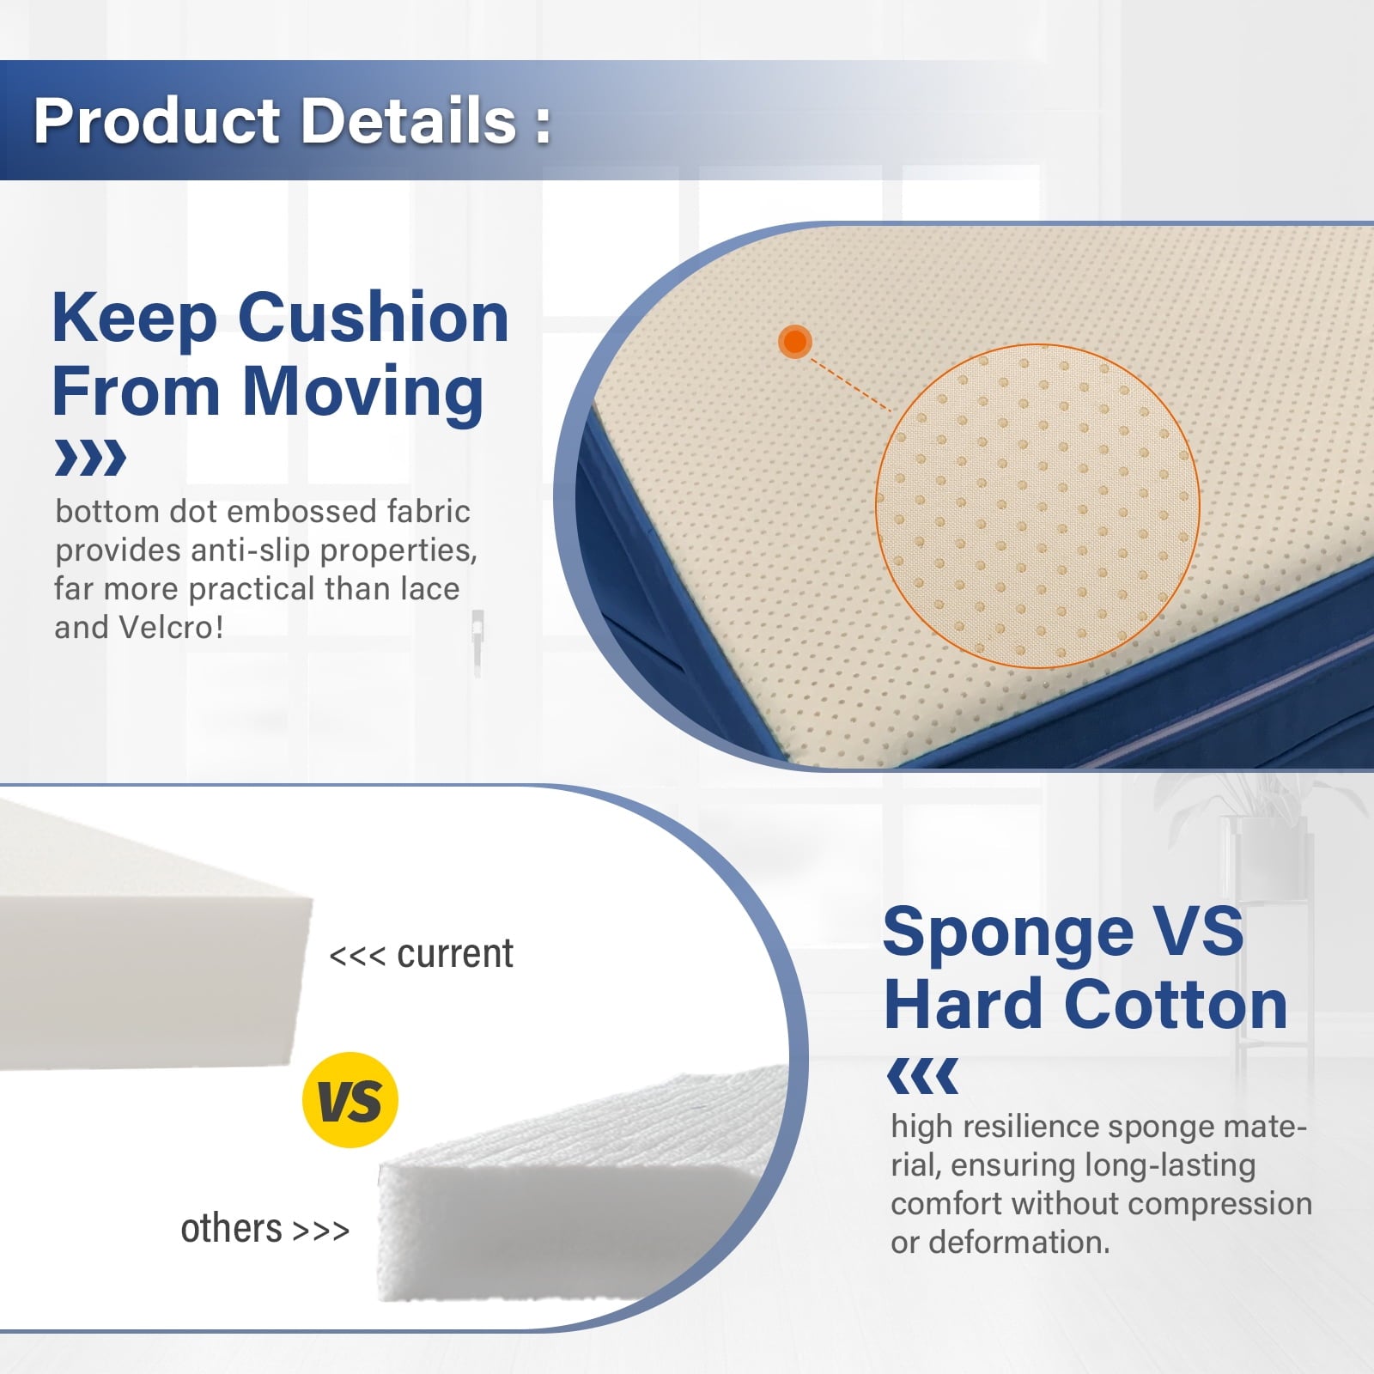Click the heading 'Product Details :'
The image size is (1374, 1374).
tap(292, 120)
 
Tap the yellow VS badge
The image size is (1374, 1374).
tap(350, 1100)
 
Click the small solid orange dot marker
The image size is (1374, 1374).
tap(795, 341)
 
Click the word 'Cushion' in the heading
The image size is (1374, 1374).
tap(373, 318)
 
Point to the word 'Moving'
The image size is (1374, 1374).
tap(363, 392)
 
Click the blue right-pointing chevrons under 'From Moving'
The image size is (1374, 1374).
tap(90, 458)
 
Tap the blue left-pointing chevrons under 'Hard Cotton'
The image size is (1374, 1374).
tap(922, 1076)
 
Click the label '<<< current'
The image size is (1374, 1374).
tap(421, 954)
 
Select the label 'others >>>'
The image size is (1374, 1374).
tap(264, 1229)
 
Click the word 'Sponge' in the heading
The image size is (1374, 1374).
tap(1009, 933)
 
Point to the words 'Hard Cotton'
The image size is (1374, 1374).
tap(1085, 1005)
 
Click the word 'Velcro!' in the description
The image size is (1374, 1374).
tap(170, 627)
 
